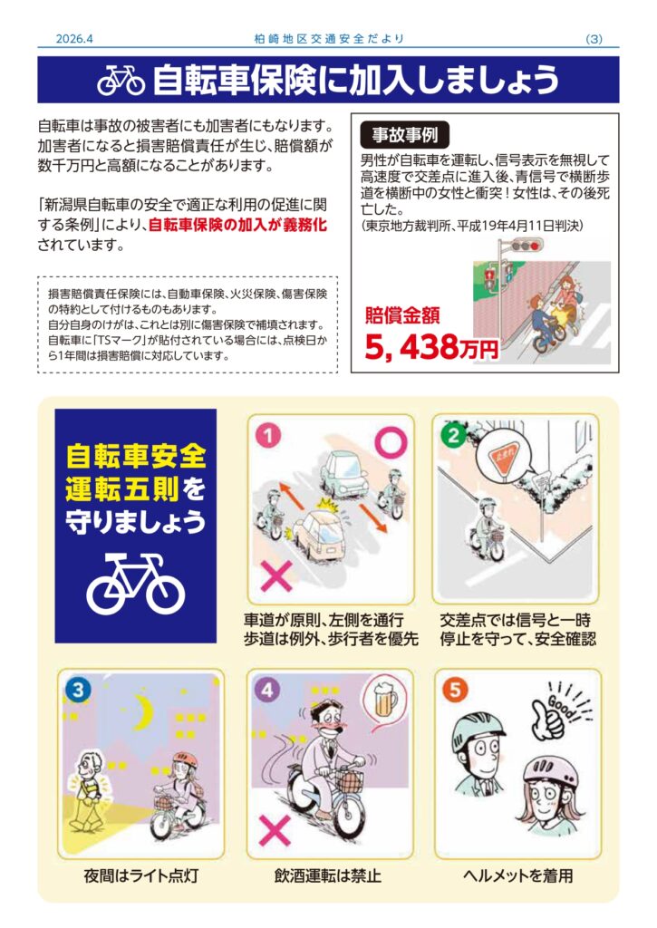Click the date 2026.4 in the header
[x=74, y=39]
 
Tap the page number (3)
[x=594, y=39]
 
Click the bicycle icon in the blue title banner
[x=121, y=81]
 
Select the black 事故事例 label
[x=405, y=135]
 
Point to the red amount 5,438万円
[x=431, y=347]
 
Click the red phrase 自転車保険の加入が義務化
[x=237, y=226]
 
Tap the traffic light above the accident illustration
[x=527, y=245]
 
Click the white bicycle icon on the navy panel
[x=136, y=584]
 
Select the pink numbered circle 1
[x=269, y=436]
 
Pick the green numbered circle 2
[x=454, y=435]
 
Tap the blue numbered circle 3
[x=78, y=690]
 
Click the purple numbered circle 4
[x=267, y=690]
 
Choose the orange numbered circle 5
[x=455, y=690]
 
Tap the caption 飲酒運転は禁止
[x=328, y=875]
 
